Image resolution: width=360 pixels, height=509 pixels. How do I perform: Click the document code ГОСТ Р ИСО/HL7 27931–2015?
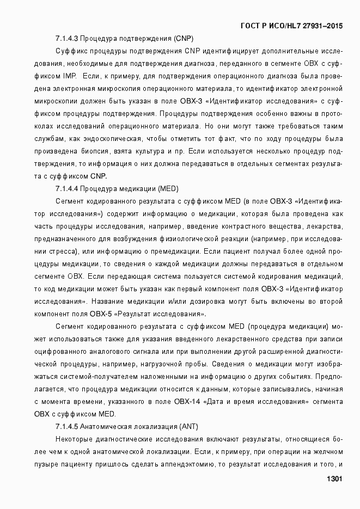(291, 26)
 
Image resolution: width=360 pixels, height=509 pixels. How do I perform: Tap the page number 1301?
(333, 479)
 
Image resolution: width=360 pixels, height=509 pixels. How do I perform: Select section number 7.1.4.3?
(68, 39)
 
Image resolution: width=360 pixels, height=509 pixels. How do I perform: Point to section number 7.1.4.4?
(68, 189)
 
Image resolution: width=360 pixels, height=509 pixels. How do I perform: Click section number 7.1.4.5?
(68, 426)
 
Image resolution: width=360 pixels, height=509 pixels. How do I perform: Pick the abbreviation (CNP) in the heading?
(183, 39)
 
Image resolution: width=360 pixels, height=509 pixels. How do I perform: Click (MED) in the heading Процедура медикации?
(168, 189)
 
